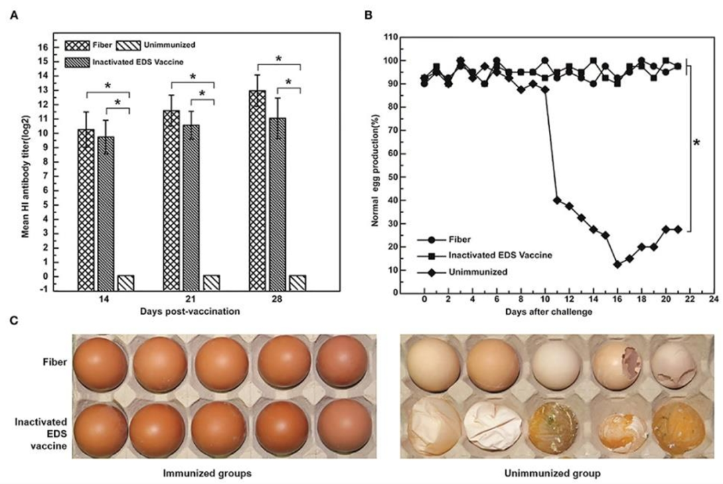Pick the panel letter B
(366, 11)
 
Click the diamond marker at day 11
(557, 200)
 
